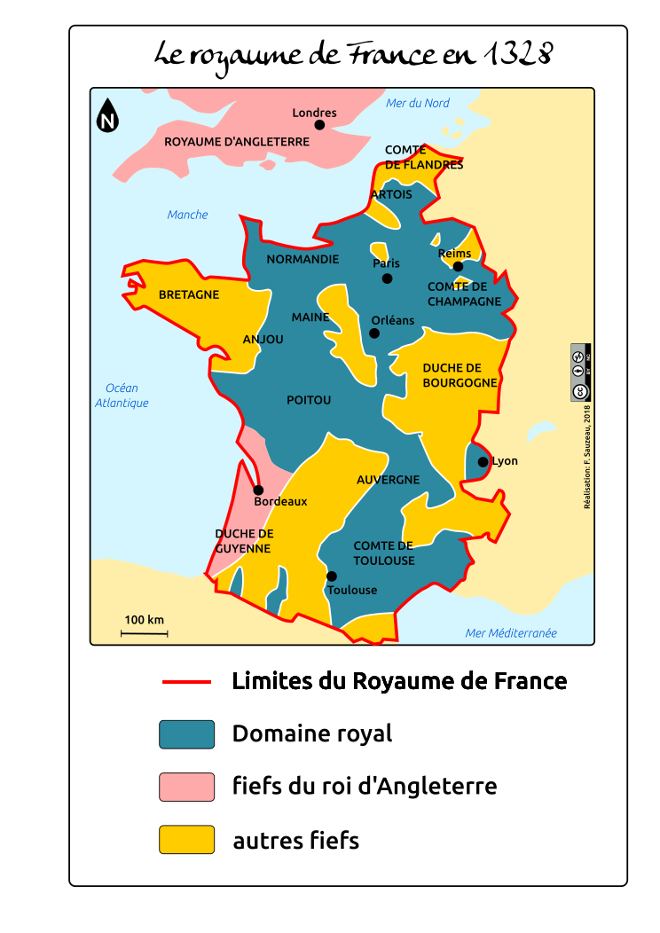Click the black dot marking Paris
387,278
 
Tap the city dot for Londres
319,125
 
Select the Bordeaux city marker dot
258,490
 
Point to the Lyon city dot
483,462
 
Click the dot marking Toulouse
332,576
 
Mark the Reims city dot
458,267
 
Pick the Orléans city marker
374,333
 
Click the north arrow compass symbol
107,115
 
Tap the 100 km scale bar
145,633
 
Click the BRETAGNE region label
188,295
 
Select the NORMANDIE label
302,260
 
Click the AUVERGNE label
388,480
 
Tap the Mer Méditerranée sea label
511,633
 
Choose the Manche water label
187,215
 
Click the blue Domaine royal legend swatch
186,734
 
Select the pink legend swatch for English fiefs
186,787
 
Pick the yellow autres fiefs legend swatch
186,840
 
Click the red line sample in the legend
186,682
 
